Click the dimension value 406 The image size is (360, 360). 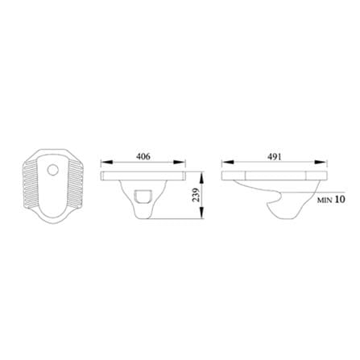pyautogui.click(x=143, y=156)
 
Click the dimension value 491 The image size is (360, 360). pyautogui.click(x=274, y=156)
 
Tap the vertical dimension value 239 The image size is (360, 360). pyautogui.click(x=197, y=195)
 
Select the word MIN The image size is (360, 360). pyautogui.click(x=325, y=200)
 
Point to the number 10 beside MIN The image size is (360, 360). pyautogui.click(x=340, y=199)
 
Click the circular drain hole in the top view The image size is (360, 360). pyautogui.click(x=52, y=170)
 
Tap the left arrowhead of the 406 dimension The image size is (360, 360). pyautogui.click(x=106, y=162)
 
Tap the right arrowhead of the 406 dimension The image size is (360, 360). pyautogui.click(x=179, y=162)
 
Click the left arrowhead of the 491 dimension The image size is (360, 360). pyautogui.click(x=227, y=162)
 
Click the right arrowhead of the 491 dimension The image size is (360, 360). pyautogui.click(x=320, y=162)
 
